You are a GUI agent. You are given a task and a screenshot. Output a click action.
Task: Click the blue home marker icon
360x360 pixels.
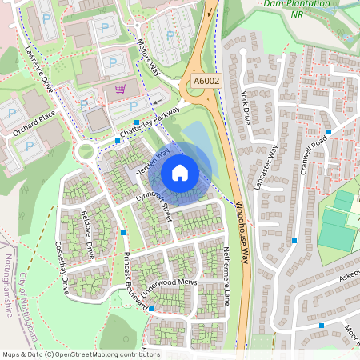pyautogui.click(x=180, y=173)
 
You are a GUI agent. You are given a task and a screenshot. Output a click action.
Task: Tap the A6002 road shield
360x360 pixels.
pyautogui.click(x=206, y=81)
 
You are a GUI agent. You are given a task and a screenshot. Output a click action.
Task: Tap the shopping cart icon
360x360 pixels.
pyautogui.click(x=120, y=89)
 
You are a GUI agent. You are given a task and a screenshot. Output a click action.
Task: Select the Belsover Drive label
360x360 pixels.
pyautogui.click(x=89, y=234)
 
